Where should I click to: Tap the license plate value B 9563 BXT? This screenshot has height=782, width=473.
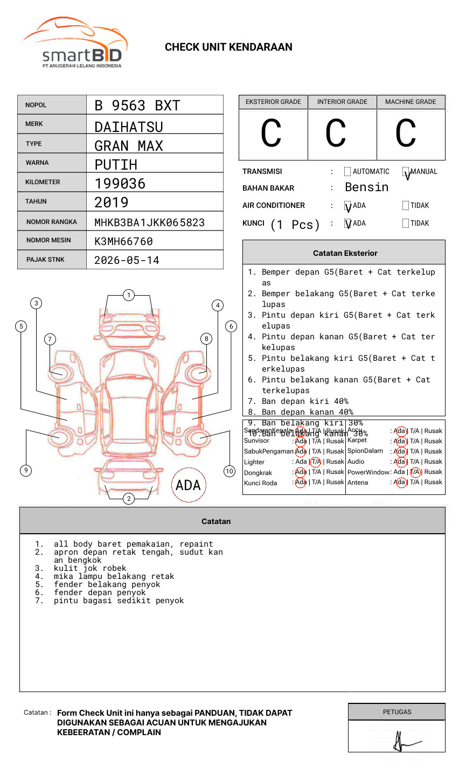click(137, 106)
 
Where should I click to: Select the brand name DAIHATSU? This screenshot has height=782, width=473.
click(128, 127)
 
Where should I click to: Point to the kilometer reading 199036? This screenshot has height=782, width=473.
click(120, 184)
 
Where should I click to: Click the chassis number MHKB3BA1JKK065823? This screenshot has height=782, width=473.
click(149, 222)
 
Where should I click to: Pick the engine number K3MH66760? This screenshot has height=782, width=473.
click(123, 241)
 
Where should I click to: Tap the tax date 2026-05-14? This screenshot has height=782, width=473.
click(127, 260)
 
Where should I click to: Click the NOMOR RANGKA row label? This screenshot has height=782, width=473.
click(52, 222)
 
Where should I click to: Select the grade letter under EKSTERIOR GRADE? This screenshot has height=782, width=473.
click(272, 134)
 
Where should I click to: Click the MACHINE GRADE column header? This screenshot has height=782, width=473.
click(411, 102)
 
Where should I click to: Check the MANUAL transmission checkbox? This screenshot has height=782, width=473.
click(406, 172)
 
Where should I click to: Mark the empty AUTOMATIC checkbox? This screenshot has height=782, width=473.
click(347, 172)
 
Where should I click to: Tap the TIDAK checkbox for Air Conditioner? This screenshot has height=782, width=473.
click(406, 206)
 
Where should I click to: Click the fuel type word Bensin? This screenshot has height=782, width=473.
click(366, 187)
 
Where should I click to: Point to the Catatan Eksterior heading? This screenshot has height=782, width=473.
click(345, 253)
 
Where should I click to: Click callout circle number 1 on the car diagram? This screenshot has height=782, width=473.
click(128, 295)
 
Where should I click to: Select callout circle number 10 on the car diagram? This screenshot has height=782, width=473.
click(229, 471)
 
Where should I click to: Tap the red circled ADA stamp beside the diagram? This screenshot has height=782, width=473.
click(189, 485)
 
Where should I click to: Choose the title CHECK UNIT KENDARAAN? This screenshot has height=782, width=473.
click(228, 47)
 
